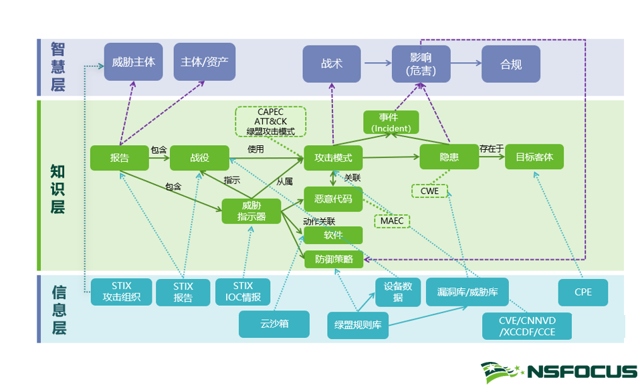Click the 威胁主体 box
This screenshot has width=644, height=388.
[133, 62]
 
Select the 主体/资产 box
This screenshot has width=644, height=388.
[204, 62]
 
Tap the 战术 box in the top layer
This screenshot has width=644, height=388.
[332, 64]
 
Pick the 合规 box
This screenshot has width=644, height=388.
[511, 64]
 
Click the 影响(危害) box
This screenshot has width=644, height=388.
[421, 64]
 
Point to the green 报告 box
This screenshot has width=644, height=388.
[119, 158]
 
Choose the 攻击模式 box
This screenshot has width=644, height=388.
[333, 158]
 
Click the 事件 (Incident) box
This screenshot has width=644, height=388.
[391, 122]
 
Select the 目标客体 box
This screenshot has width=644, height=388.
[534, 157]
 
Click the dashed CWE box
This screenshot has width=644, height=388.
[429, 191]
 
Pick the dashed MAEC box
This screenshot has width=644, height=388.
[392, 221]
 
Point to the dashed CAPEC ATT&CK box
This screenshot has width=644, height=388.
[270, 122]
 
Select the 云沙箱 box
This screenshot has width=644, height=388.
[274, 324]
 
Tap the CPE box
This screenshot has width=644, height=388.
[582, 292]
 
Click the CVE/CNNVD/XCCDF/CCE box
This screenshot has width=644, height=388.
[527, 326]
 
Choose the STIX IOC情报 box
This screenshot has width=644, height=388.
[243, 292]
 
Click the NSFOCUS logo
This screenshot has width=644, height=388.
[558, 371]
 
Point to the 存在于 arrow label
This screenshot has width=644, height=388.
[491, 149]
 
